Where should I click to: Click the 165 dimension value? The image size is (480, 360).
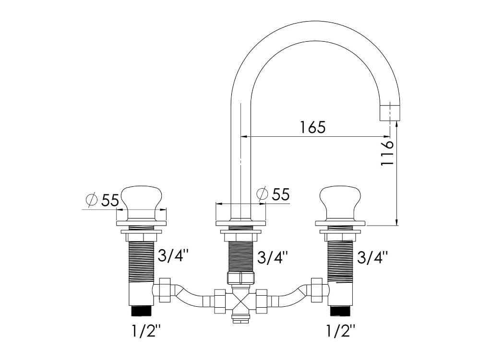(312, 127)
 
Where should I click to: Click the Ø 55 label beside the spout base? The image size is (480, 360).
(273, 194)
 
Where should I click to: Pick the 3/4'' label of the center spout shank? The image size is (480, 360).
(272, 258)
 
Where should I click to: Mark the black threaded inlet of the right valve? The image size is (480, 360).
(339, 310)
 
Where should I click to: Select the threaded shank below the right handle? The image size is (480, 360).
(340, 259)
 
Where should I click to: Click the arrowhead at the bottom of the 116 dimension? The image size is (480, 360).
(396, 222)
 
